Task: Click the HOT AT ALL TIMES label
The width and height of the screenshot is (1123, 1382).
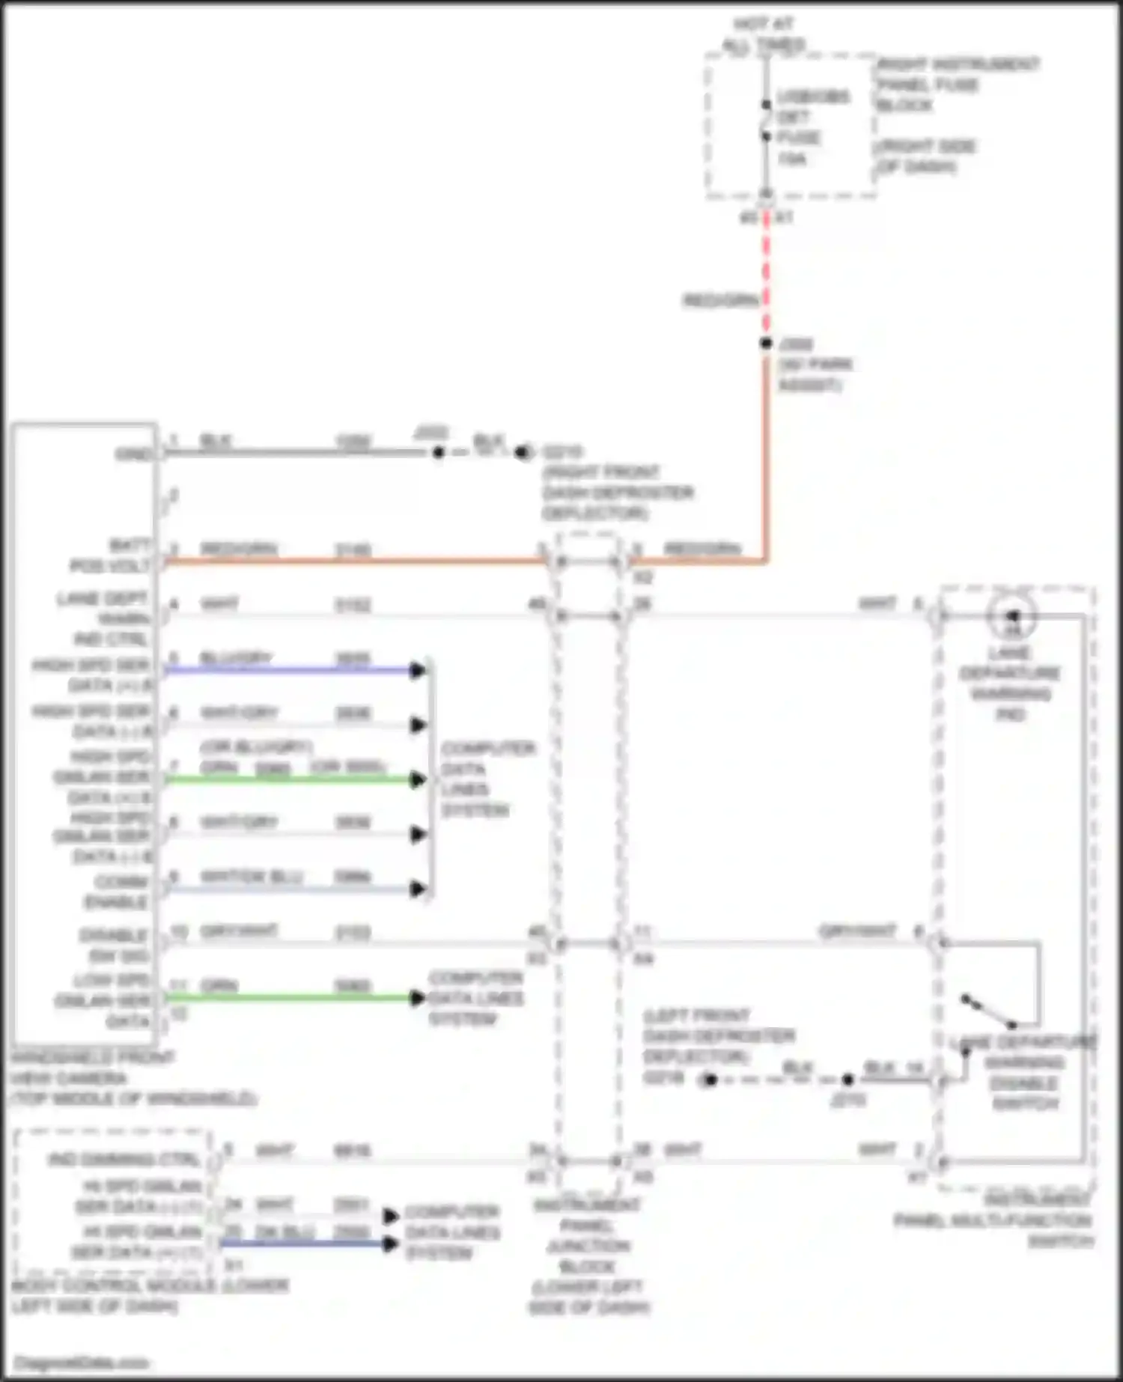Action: point(764,34)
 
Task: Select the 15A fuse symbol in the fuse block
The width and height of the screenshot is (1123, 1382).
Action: point(766,121)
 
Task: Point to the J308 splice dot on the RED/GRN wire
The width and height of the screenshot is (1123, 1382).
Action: point(766,343)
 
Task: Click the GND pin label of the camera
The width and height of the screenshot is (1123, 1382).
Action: point(134,454)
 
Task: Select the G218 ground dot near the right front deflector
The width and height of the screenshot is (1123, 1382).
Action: point(522,452)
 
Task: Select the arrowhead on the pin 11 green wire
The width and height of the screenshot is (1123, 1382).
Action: point(418,998)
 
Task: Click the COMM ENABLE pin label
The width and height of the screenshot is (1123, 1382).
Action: point(117,892)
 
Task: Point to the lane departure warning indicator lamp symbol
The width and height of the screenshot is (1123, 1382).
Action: point(1011,616)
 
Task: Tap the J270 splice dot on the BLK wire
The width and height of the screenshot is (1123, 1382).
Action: point(847,1080)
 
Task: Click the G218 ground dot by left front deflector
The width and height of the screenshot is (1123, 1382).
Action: point(709,1080)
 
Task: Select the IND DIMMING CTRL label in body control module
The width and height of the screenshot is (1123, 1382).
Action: point(124,1160)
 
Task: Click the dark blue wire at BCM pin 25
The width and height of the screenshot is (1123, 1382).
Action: point(299,1244)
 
